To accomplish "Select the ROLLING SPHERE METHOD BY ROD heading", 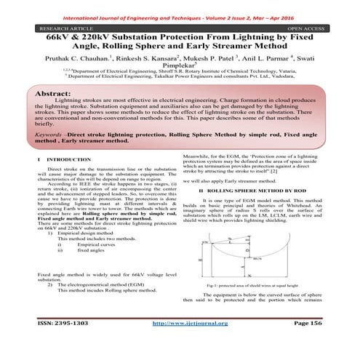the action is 251,190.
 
